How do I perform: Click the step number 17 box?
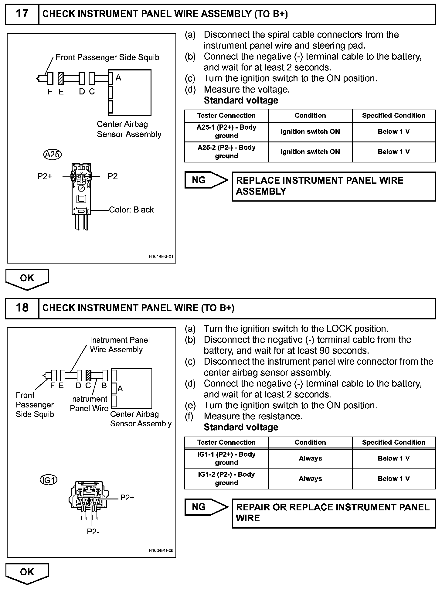pyautogui.click(x=22, y=14)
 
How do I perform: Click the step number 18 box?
pyautogui.click(x=22, y=308)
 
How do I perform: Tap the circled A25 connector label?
pyautogui.click(x=52, y=155)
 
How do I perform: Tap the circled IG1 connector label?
pyautogui.click(x=49, y=480)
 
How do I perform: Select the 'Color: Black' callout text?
pyautogui.click(x=131, y=210)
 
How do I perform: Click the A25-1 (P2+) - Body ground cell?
pyautogui.click(x=226, y=131)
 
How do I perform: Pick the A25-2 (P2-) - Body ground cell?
pyautogui.click(x=226, y=152)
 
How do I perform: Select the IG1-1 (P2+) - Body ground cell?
pyautogui.click(x=226, y=458)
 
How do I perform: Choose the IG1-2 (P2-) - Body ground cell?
pyautogui.click(x=226, y=478)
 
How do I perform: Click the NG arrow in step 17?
pyautogui.click(x=206, y=180)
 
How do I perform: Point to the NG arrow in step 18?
pyautogui.click(x=206, y=507)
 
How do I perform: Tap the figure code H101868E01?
pyautogui.click(x=161, y=257)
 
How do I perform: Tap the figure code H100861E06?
pyautogui.click(x=161, y=550)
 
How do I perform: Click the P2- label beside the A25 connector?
pyautogui.click(x=114, y=176)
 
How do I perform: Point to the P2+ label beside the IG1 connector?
pyautogui.click(x=127, y=498)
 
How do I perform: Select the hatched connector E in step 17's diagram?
pyautogui.click(x=61, y=78)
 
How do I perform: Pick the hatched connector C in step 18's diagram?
pyautogui.click(x=89, y=375)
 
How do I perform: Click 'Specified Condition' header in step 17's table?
pyautogui.click(x=393, y=116)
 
